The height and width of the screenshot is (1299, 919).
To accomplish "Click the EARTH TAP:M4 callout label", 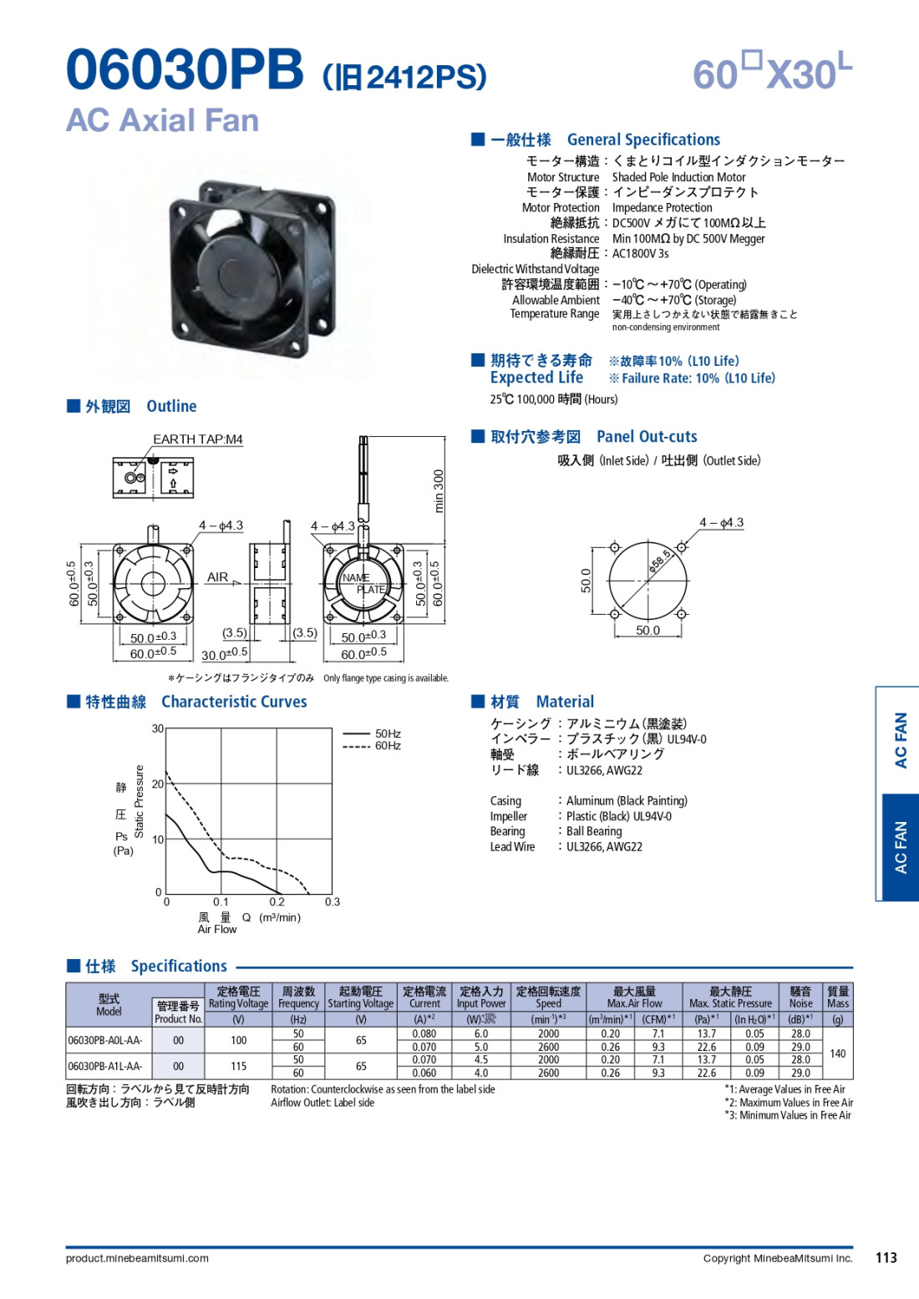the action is click(198, 439).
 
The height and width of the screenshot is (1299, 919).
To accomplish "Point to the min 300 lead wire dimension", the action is click(439, 490).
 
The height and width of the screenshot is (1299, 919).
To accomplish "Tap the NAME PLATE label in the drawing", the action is click(363, 583).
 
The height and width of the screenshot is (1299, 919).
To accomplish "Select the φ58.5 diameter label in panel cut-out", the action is click(660, 561).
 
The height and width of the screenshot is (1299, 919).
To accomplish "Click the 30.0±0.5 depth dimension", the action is click(225, 653).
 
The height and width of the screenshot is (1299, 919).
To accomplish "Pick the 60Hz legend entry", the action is click(372, 746).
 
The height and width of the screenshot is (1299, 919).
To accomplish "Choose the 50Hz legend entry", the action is click(372, 733).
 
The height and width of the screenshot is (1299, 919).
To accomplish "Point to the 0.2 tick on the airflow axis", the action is click(277, 901).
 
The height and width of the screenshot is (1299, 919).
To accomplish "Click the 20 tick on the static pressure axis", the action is click(157, 784).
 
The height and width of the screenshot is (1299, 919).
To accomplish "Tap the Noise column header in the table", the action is click(800, 997).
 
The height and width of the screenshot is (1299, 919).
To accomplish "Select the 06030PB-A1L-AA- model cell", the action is click(105, 1066).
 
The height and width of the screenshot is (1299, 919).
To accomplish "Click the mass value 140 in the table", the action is click(838, 1053).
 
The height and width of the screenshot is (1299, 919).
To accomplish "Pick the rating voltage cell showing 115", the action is click(238, 1066).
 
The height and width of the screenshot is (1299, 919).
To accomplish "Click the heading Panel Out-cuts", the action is click(647, 436).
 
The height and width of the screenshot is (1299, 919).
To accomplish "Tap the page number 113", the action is click(886, 1258).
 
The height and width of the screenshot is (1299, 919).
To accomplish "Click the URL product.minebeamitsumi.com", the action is click(137, 1258).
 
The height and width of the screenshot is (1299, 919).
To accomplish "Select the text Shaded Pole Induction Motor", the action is click(678, 177).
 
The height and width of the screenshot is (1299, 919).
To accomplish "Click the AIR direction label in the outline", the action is click(217, 577).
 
